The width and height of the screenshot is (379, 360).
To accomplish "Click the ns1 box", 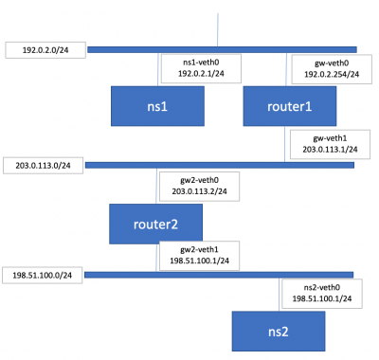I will pos(157,107).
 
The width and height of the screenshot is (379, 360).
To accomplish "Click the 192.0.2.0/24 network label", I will pos(41,48).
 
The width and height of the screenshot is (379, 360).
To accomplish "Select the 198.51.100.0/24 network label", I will pos(42,275).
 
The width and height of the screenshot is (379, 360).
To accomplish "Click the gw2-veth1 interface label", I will pos(204,255).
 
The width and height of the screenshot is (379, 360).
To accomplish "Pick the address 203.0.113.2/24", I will pos(204,191).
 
